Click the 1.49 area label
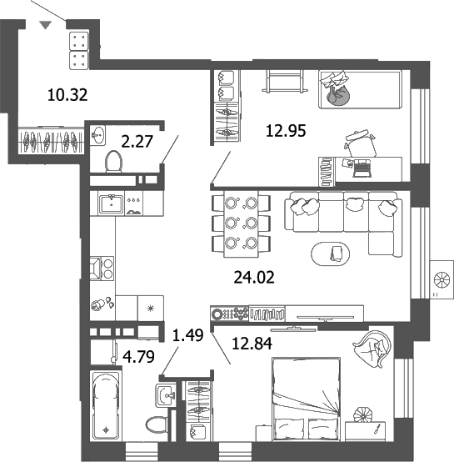tap(187, 336)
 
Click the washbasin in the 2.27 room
tap(97, 133)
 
